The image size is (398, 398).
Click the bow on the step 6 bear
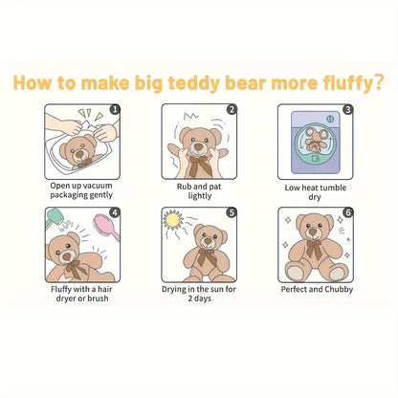(x=313, y=252)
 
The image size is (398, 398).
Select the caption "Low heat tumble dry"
(x=315, y=190)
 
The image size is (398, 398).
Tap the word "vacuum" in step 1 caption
(x=101, y=184)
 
